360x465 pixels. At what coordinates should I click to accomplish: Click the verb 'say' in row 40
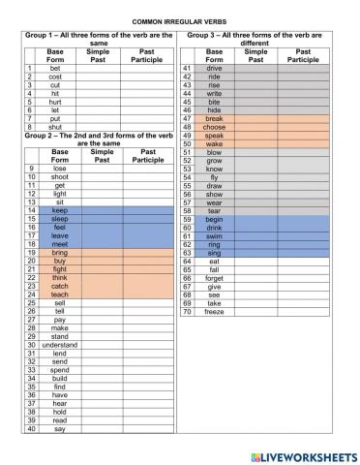59,428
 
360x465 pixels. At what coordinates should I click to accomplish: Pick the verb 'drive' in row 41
214,70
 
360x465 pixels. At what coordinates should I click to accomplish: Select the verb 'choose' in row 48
214,127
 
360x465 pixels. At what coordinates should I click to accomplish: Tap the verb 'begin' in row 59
214,219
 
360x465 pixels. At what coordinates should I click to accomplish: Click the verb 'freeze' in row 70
214,312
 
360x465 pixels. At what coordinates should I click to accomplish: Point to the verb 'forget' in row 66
214,278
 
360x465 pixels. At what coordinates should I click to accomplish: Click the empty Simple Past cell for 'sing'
255,253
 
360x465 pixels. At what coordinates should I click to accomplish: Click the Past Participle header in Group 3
303,55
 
